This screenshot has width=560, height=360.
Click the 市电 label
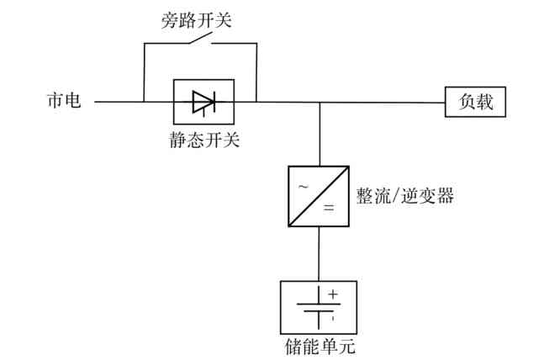(x=63, y=102)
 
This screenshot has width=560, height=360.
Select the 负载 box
(x=475, y=102)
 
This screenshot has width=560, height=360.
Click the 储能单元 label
(x=318, y=346)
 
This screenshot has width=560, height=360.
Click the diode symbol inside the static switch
(x=203, y=103)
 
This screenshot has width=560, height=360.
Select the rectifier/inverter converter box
(x=318, y=196)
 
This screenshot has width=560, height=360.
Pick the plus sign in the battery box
(x=332, y=294)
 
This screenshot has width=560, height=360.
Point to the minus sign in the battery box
(x=332, y=318)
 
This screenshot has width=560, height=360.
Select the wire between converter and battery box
(x=318, y=253)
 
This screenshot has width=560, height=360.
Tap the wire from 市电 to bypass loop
(x=118, y=103)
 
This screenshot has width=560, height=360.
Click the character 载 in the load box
(x=485, y=102)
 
